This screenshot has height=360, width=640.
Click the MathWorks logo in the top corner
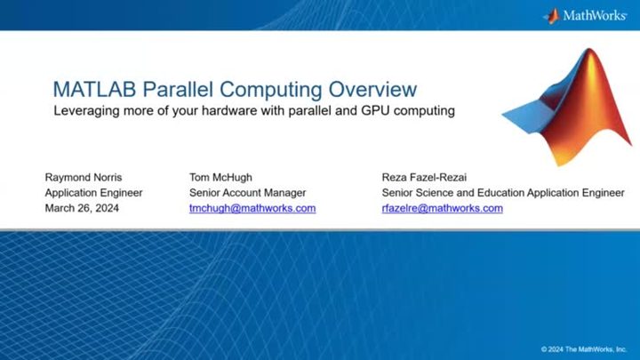coord(587,15)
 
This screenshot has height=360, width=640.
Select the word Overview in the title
coord(372,90)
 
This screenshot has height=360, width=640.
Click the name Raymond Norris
coord(84,177)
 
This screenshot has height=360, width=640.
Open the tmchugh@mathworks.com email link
coord(252,208)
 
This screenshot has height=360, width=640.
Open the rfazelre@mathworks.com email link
coord(442,208)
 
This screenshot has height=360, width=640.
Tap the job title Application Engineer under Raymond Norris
coord(93,192)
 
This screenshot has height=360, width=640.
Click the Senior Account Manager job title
coord(247,192)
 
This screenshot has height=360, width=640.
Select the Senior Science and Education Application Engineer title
coord(502,192)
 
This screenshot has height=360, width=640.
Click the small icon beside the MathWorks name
coord(552,15)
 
